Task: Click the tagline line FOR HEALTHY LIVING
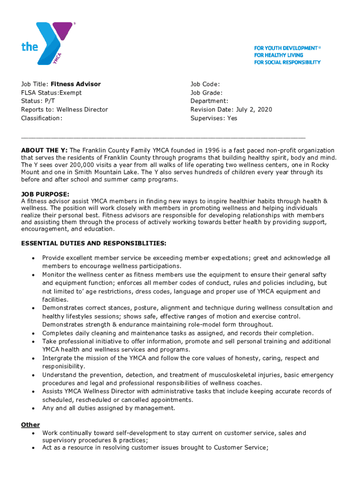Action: click(x=279, y=55)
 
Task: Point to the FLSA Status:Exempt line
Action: click(x=51, y=93)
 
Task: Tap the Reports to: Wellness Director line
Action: click(x=65, y=109)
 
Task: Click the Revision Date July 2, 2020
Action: click(x=231, y=109)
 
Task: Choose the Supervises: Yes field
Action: click(x=214, y=118)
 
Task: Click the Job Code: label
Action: click(x=205, y=84)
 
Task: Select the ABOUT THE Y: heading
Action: click(x=44, y=150)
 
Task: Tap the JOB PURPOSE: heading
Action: click(x=45, y=194)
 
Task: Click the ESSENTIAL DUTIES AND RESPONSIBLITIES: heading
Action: click(x=93, y=244)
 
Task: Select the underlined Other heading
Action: click(x=30, y=425)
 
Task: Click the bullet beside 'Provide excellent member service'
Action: click(x=33, y=258)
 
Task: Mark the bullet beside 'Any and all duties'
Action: click(x=33, y=408)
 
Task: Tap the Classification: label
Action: click(x=41, y=118)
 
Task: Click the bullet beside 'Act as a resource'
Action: click(x=33, y=448)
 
